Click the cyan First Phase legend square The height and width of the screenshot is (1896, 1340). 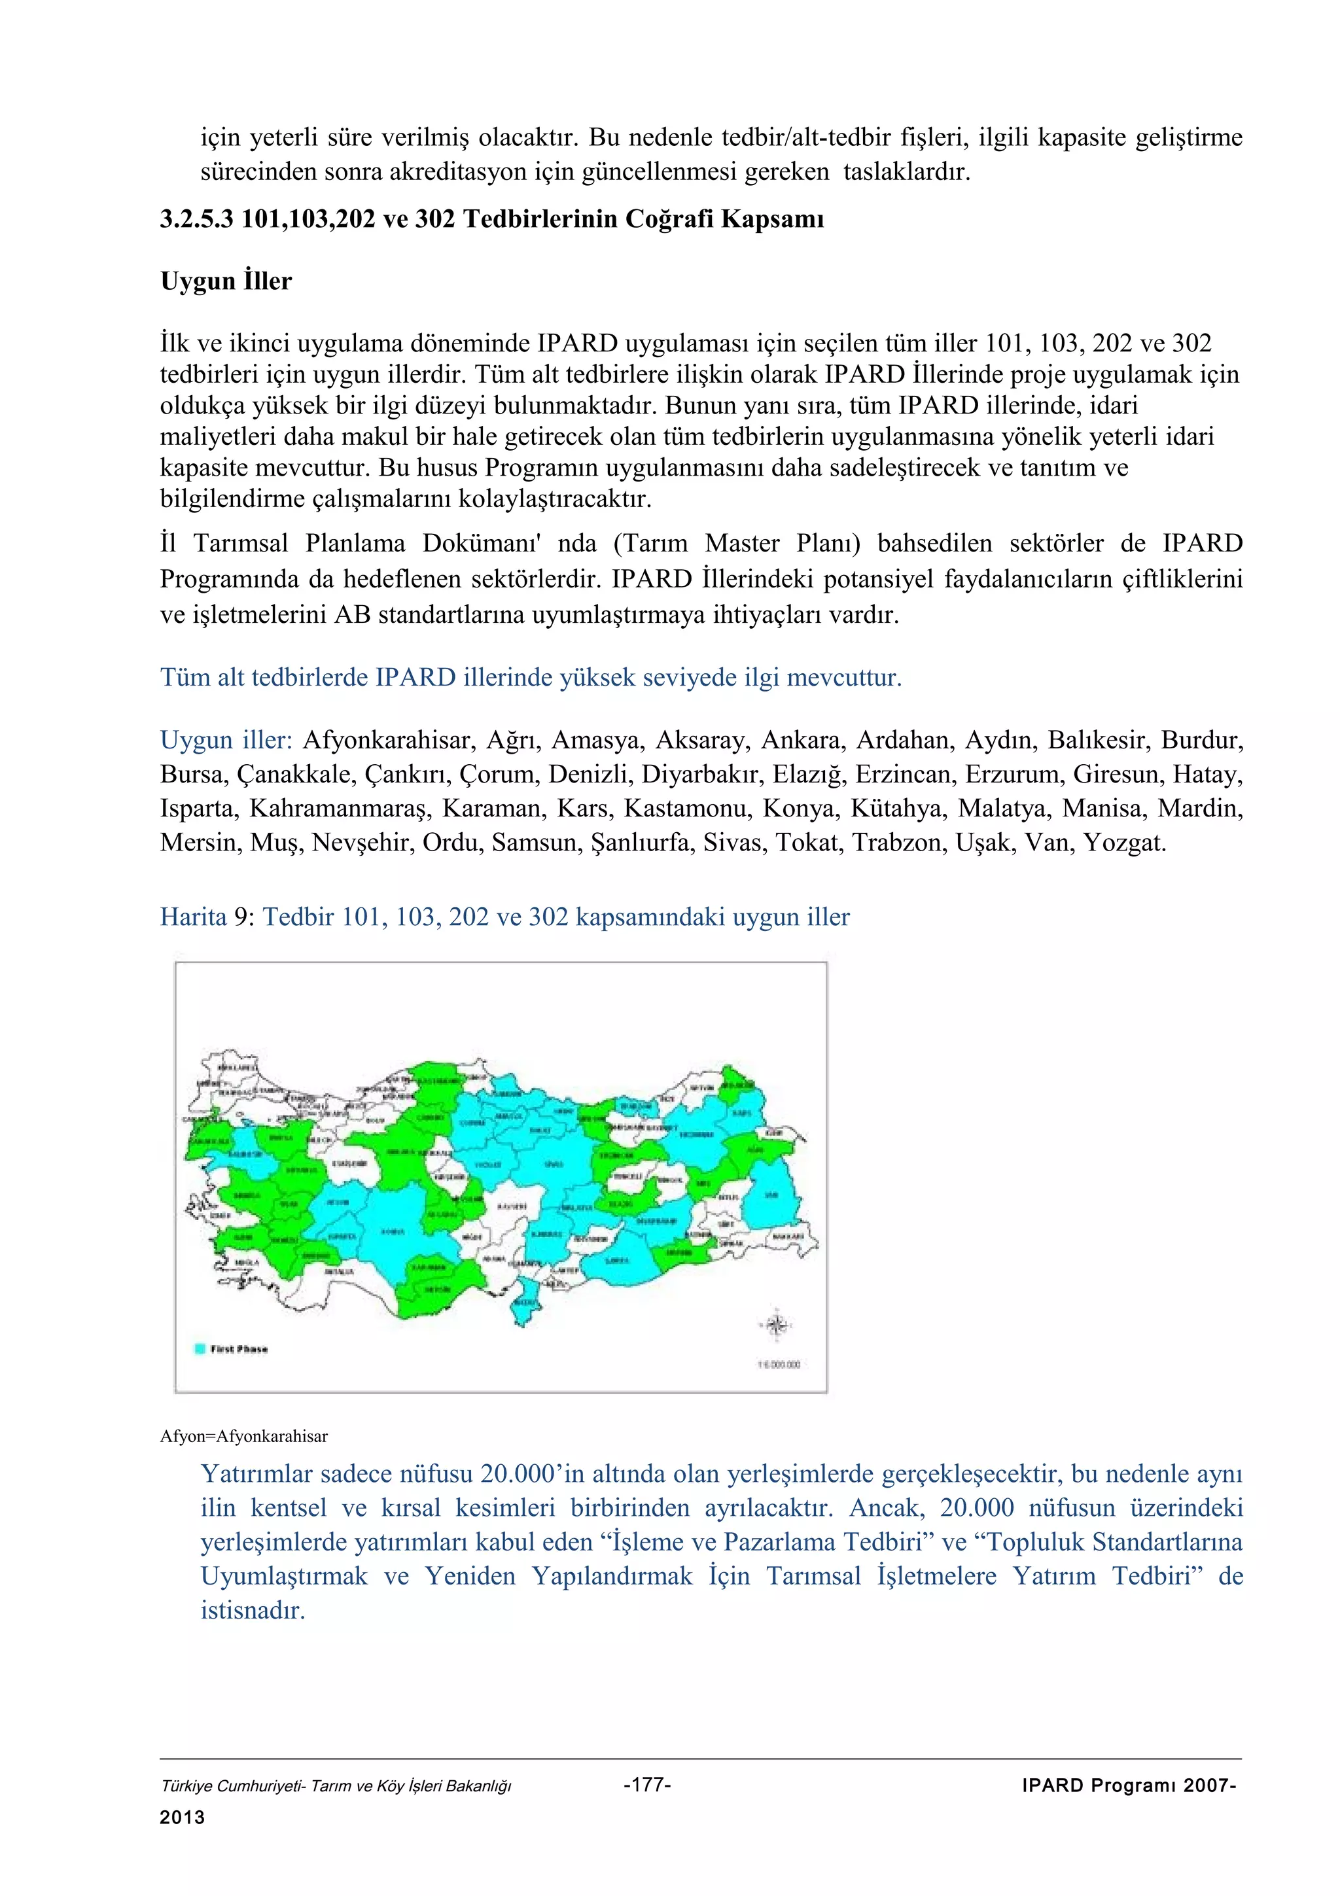(199, 1348)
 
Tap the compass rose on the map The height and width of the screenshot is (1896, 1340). (775, 1325)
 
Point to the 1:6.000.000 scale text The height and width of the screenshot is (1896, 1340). (779, 1364)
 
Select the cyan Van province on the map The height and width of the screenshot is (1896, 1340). (771, 1195)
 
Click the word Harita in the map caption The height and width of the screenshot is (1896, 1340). (193, 917)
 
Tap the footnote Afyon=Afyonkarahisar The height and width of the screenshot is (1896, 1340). (243, 1436)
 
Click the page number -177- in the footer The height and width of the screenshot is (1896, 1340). (647, 1785)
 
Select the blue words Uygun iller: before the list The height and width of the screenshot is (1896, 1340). (226, 739)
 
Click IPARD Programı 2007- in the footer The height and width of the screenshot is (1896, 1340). (1128, 1785)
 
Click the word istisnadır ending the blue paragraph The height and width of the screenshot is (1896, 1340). (253, 1610)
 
